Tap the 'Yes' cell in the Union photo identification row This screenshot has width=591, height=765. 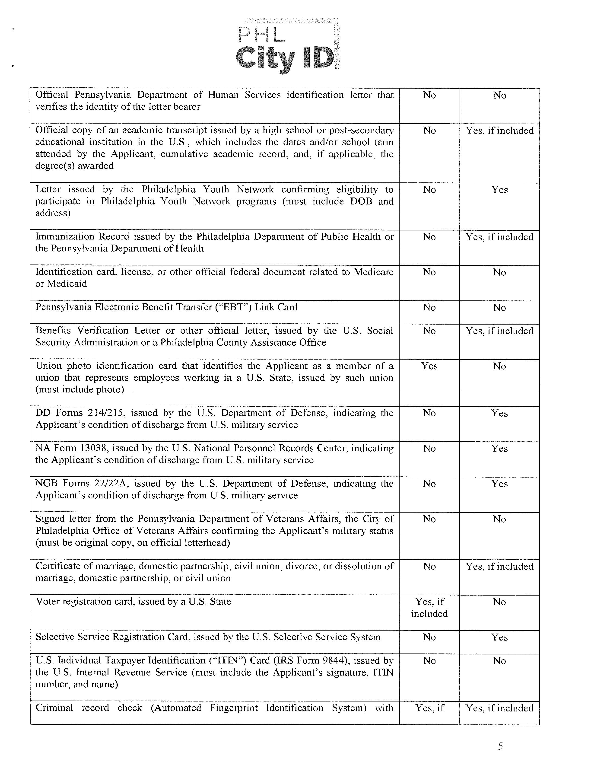tap(429, 366)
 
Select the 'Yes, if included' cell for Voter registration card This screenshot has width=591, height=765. tap(429, 607)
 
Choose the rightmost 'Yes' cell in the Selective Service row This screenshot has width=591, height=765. tap(499, 637)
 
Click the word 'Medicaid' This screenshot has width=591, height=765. tap(67, 284)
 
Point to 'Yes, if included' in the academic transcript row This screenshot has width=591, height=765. tap(499, 131)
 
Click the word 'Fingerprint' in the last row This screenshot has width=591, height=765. tap(234, 708)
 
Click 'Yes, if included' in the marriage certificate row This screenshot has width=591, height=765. tap(499, 566)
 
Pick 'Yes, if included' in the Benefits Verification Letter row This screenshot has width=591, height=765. tap(499, 331)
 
